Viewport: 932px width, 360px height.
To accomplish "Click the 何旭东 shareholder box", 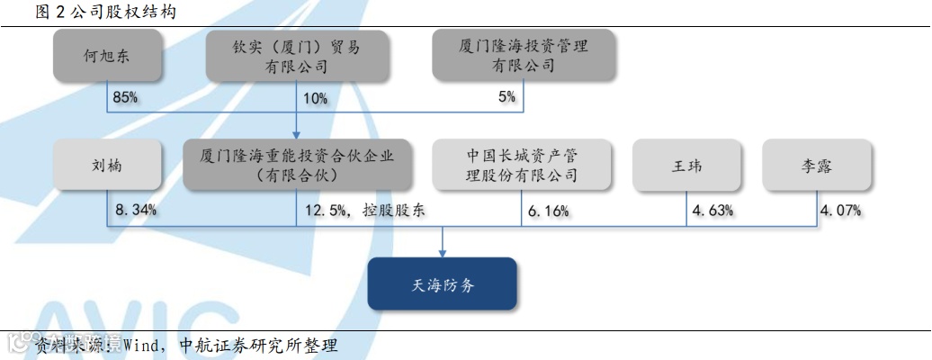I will [108, 56].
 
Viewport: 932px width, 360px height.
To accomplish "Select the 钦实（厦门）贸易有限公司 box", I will [296, 56].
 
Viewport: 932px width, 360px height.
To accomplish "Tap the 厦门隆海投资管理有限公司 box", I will [523, 56].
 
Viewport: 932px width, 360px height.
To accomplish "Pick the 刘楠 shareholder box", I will [108, 165].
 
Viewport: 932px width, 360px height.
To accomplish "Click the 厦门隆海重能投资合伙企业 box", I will [296, 165].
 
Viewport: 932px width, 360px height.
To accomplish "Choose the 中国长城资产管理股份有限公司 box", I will [522, 165].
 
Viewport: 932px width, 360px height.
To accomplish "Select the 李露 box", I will [817, 165].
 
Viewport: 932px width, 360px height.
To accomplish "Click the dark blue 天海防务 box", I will [443, 284].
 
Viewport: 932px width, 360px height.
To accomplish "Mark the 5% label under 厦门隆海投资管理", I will [506, 96].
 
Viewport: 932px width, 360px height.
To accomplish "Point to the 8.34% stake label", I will [137, 210].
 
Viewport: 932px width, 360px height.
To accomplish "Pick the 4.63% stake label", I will [712, 211].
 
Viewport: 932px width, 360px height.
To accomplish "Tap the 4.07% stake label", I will [840, 211].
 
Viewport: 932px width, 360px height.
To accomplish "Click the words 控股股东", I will [394, 211].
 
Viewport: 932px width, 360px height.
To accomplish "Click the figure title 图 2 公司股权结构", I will [93, 12].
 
